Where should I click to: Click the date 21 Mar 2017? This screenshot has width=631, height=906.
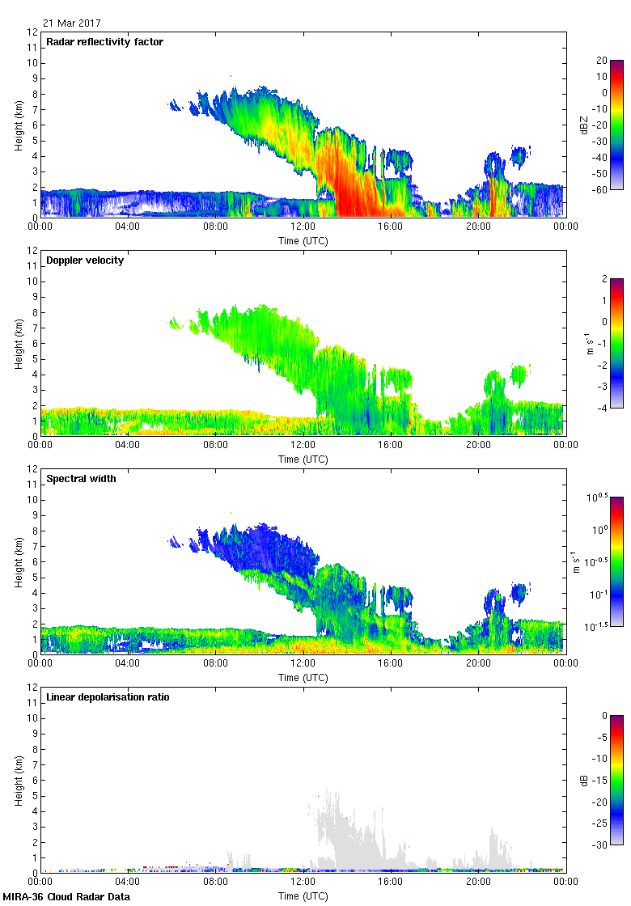click(72, 23)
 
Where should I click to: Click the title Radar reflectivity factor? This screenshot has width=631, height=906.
click(105, 42)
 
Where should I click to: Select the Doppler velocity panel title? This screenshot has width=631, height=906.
click(85, 260)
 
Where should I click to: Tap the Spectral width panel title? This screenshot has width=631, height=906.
click(83, 479)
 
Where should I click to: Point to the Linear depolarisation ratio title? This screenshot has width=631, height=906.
click(108, 697)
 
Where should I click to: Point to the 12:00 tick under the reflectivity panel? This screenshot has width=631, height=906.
click(303, 226)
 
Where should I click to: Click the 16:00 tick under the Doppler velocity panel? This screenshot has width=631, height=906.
click(391, 445)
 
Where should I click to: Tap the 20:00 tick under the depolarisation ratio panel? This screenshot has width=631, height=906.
click(478, 882)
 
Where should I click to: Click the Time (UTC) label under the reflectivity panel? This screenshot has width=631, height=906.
click(303, 240)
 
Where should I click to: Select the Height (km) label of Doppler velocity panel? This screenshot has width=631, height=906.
click(18, 343)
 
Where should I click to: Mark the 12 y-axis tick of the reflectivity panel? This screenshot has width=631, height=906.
click(32, 32)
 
